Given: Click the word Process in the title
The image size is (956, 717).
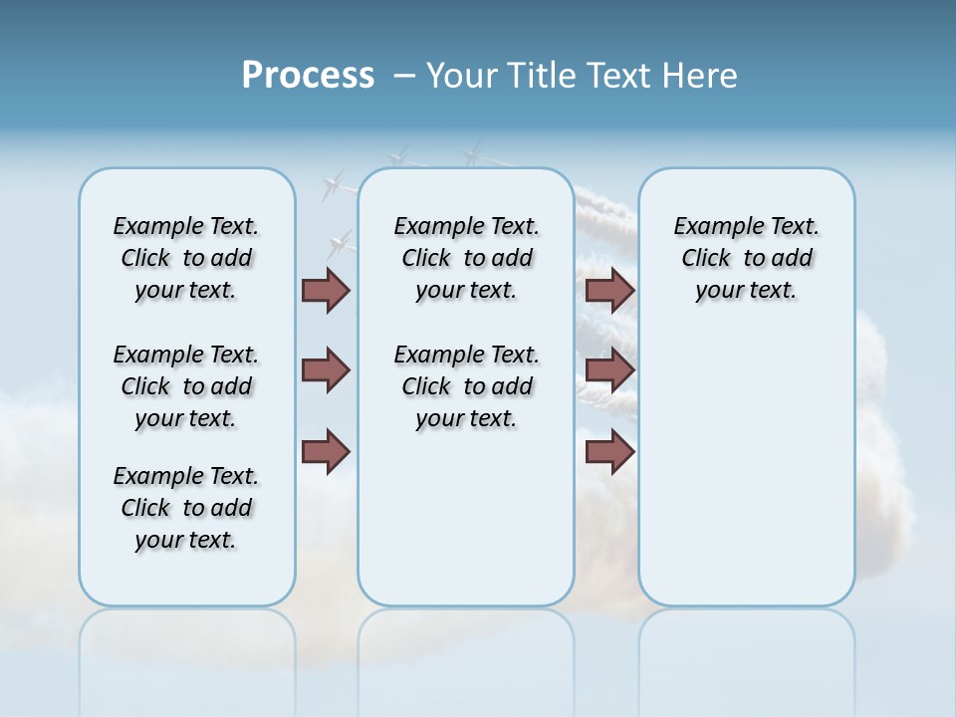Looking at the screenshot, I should point(308,76).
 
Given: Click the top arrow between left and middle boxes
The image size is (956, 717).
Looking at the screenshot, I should point(326,290).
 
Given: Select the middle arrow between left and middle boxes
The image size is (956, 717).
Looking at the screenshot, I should point(326,370).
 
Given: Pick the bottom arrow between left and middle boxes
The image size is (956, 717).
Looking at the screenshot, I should point(326,452).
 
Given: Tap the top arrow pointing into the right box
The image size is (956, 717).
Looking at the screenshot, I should point(609,290).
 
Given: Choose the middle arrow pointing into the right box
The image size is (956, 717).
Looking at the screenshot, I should point(609,370).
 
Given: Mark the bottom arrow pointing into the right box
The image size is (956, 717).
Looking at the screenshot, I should point(609,452).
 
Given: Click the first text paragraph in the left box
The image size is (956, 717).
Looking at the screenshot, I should point(186,258).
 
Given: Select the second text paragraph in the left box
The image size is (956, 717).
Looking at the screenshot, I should point(186,386).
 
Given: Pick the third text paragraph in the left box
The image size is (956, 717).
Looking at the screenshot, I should point(186,508).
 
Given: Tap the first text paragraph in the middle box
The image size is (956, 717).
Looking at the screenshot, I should point(466,258).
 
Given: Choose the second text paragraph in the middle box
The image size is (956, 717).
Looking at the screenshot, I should point(466,386).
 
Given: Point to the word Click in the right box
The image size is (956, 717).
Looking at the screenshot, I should point(706,259).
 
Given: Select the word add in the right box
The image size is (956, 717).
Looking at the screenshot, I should point(793,259).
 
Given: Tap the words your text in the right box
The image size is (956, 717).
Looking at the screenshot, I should point(746,291).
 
